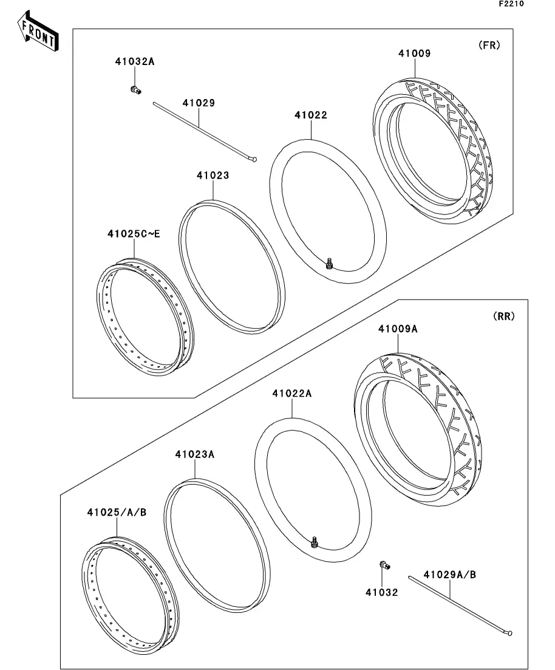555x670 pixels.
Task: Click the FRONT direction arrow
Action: click(x=38, y=31)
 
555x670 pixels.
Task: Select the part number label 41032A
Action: click(x=135, y=61)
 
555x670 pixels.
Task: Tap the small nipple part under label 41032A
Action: click(x=135, y=90)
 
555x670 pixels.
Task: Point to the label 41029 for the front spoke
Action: click(x=199, y=103)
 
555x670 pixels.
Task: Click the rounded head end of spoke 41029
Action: click(x=254, y=160)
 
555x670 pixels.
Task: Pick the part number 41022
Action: click(x=311, y=115)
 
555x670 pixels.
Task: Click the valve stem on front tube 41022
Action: click(x=329, y=263)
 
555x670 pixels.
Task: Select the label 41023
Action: click(x=213, y=175)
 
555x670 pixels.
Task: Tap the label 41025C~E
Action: click(x=134, y=234)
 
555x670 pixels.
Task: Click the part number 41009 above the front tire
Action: click(x=415, y=53)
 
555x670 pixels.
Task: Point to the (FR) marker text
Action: click(x=489, y=45)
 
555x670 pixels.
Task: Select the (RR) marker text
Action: click(x=504, y=316)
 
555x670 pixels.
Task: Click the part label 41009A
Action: click(x=398, y=329)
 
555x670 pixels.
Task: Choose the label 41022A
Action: click(x=292, y=393)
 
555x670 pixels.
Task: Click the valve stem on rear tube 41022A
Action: click(x=315, y=542)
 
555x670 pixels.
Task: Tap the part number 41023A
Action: click(x=195, y=454)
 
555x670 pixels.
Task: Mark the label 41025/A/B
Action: click(x=117, y=512)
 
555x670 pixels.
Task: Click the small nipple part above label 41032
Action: click(x=385, y=566)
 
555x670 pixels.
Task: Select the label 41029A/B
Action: click(x=449, y=575)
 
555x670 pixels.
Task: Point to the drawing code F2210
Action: click(x=511, y=4)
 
